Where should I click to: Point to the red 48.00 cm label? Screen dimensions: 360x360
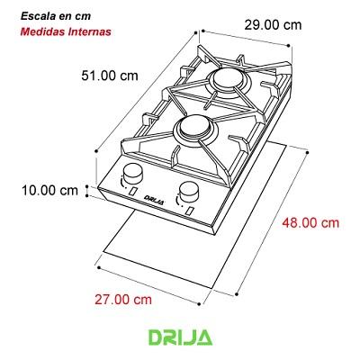pos(308,222)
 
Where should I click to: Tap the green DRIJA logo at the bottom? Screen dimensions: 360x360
pos(180,337)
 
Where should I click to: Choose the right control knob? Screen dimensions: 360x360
pos(190,191)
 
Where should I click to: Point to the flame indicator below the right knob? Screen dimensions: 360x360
pos(191,209)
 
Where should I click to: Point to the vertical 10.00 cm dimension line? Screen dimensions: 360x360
pos(86,190)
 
